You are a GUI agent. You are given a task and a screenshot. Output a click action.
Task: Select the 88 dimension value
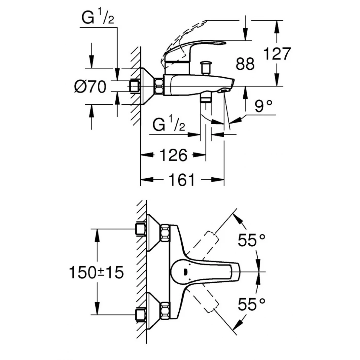point(245,64)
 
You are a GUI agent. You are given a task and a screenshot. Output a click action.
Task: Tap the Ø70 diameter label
point(90,87)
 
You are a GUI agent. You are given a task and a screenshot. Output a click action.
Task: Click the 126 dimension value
point(173,155)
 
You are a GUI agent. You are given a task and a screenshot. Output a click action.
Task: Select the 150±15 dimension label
point(96,272)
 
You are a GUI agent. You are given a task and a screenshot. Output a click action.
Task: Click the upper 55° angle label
point(252,240)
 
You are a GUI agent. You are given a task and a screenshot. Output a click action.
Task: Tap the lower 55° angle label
point(252,304)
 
